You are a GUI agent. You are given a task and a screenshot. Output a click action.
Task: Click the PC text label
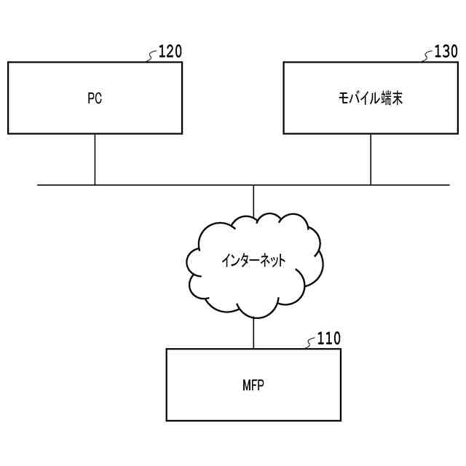click(x=95, y=99)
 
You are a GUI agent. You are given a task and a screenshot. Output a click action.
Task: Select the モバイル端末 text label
click(x=371, y=99)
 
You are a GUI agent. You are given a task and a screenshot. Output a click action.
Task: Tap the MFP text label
click(x=253, y=385)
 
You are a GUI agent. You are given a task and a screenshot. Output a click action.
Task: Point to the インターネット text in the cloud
click(x=253, y=260)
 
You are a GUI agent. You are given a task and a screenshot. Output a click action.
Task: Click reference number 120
click(x=170, y=52)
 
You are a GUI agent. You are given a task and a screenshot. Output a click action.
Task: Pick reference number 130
click(x=446, y=52)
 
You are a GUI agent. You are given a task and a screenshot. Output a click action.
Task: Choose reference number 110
click(x=328, y=339)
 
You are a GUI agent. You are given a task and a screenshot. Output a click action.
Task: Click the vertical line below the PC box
click(x=95, y=159)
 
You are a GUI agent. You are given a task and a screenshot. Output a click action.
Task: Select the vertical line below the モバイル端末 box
click(x=371, y=159)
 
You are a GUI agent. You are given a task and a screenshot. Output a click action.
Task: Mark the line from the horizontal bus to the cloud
click(x=253, y=200)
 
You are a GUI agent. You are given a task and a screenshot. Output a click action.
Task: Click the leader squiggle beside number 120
click(x=152, y=56)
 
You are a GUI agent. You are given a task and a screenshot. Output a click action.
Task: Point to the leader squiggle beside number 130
click(x=428, y=56)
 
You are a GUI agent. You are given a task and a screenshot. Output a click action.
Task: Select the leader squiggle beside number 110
click(x=311, y=343)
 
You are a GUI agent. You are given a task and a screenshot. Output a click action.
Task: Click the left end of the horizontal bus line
click(x=39, y=185)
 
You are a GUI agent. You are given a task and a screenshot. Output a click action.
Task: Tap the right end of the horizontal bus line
click(x=448, y=185)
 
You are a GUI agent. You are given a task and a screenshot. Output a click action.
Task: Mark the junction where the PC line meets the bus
click(x=95, y=185)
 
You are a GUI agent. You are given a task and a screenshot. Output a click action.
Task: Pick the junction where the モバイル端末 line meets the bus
click(x=371, y=185)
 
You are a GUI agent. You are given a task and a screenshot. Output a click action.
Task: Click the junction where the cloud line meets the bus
click(x=253, y=185)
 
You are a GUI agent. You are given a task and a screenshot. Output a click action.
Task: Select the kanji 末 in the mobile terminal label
click(x=396, y=99)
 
